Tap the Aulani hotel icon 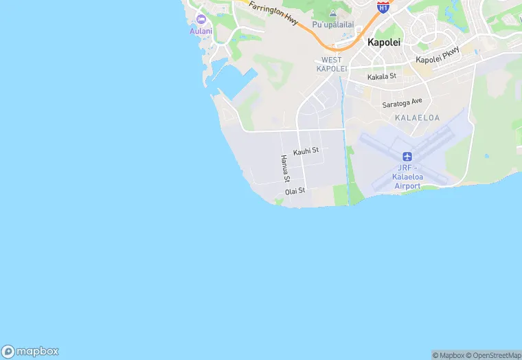coord(201,19)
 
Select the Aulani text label coord(201,31)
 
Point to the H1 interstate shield coord(383,6)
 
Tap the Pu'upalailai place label coord(332,25)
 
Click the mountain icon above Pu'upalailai coord(333,13)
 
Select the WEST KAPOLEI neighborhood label coord(331,65)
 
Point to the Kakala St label coord(382,77)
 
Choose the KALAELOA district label coord(417,118)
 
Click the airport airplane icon coord(407,157)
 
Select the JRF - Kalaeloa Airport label coord(407,177)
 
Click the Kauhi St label coord(306,150)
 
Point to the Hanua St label coord(284,168)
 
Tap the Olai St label coord(295,190)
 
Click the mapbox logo coord(30,351)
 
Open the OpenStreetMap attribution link coord(494,355)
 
